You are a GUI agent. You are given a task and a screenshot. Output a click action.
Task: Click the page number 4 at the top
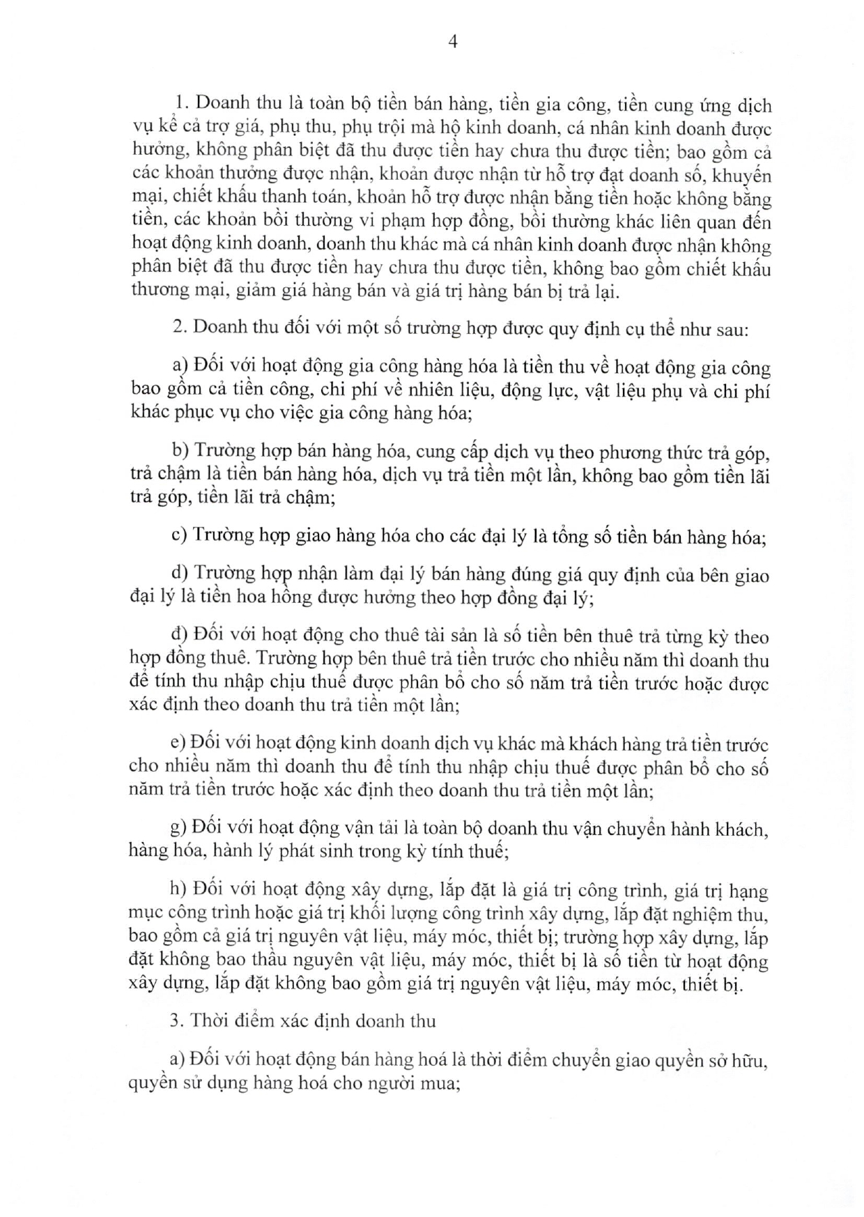point(452,42)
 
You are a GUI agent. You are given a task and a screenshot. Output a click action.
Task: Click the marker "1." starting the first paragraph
point(183,103)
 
